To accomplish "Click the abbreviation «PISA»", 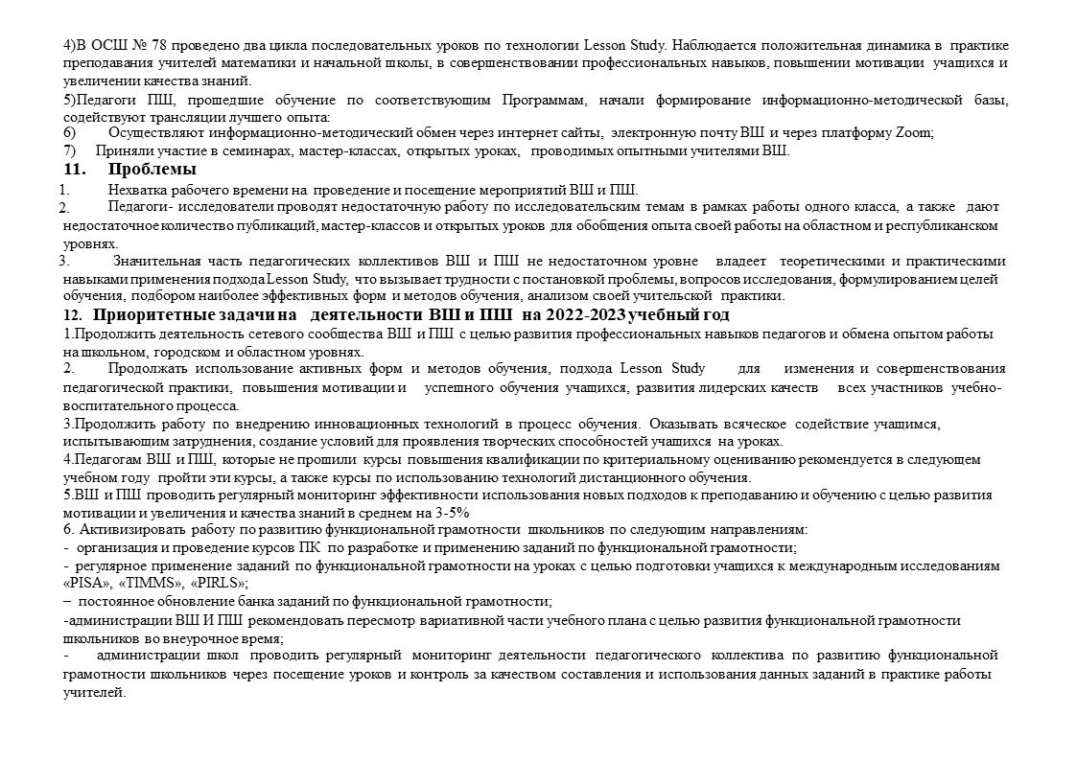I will pyautogui.click(x=83, y=584).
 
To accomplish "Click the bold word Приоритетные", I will pyautogui.click(x=154, y=315).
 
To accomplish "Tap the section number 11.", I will pyautogui.click(x=72, y=171).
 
